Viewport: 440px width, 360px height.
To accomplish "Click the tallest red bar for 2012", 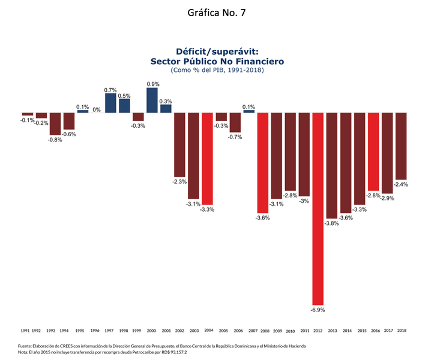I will [318, 208].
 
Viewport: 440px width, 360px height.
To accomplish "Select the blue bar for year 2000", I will [152, 100].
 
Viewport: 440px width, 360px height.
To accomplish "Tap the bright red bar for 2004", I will [207, 158].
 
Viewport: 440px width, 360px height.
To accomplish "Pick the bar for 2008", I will [262, 163].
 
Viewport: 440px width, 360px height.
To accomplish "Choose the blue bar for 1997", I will [110, 103].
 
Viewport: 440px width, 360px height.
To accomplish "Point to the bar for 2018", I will [401, 146].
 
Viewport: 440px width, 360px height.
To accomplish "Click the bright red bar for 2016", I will [373, 151].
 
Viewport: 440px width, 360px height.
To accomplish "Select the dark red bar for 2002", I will [179, 145].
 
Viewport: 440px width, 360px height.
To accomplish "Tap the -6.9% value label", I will [318, 310].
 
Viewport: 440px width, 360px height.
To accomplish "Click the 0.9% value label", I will [152, 84].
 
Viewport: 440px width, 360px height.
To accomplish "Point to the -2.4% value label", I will [401, 184].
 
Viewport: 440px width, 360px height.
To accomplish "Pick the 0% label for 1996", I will [96, 109].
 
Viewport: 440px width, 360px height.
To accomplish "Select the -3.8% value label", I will [331, 223].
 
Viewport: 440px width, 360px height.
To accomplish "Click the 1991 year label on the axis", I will [25, 331].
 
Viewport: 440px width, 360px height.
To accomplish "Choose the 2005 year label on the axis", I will [223, 331].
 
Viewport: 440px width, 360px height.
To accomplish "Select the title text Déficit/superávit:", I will [217, 52].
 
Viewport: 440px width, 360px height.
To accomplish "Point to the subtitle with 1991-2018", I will [217, 70].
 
